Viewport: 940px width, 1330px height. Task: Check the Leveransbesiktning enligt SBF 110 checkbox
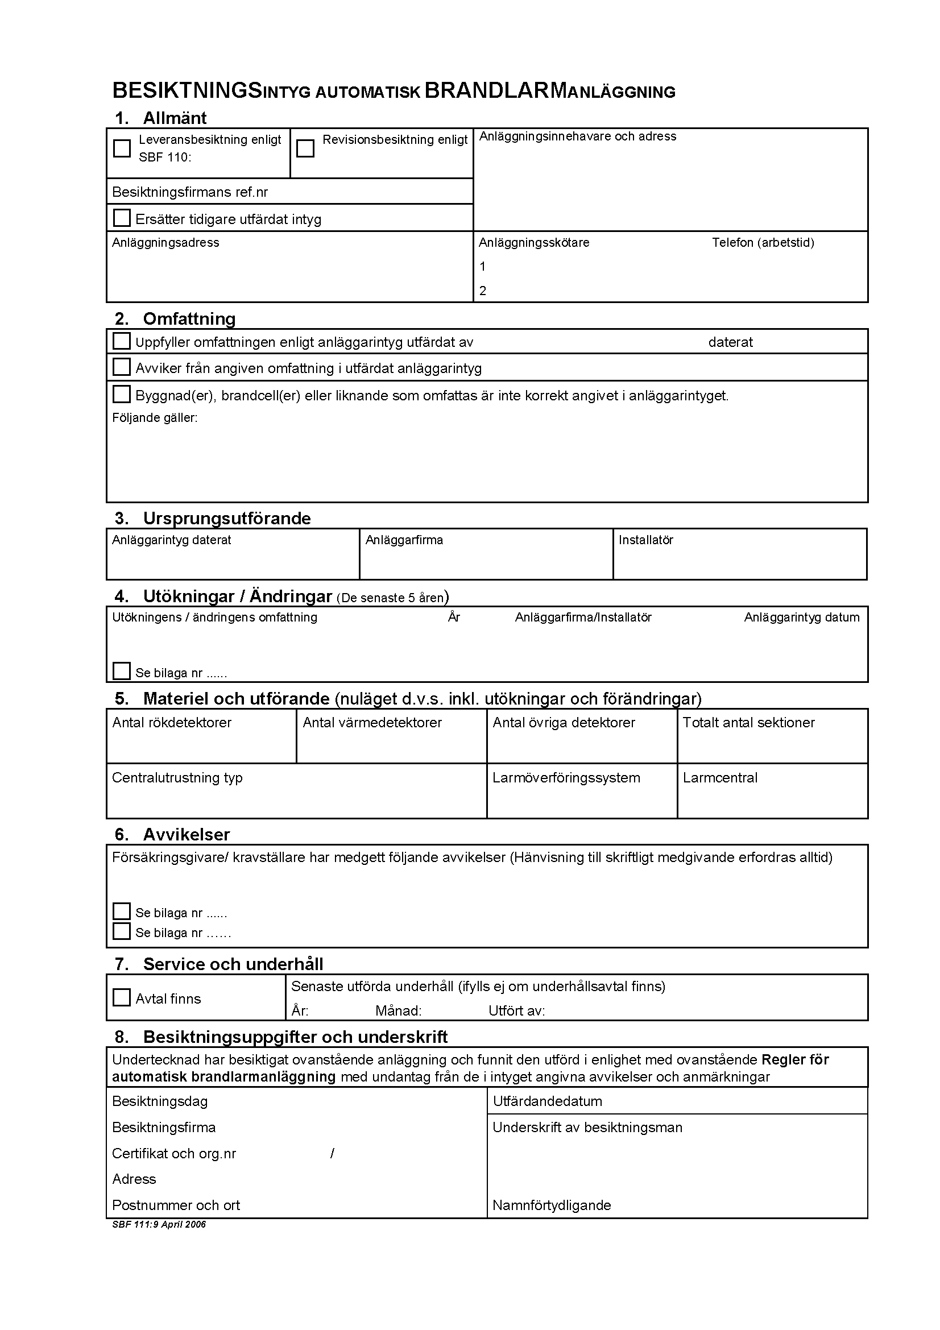click(x=122, y=148)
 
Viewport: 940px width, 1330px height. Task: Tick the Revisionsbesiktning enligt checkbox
click(x=305, y=148)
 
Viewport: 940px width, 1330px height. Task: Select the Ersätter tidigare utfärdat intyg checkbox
click(x=122, y=218)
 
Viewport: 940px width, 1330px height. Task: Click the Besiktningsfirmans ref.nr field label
click(x=190, y=192)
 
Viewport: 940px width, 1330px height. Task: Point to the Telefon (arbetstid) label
click(x=763, y=243)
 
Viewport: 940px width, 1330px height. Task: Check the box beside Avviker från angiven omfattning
click(x=122, y=367)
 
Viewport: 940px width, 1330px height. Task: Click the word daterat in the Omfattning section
click(x=730, y=342)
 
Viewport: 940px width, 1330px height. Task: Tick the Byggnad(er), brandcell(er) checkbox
click(x=122, y=395)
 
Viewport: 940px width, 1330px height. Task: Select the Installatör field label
click(x=646, y=540)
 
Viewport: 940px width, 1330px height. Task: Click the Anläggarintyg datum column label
click(x=802, y=618)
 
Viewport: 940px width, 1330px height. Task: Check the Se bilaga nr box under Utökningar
click(x=122, y=672)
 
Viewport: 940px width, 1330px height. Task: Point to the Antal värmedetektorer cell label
click(x=372, y=723)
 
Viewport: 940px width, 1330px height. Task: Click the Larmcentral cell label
click(x=720, y=778)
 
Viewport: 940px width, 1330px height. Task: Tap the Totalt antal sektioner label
click(x=748, y=723)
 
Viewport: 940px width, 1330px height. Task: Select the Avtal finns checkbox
click(x=122, y=997)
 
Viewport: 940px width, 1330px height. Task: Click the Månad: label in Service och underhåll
click(x=399, y=1011)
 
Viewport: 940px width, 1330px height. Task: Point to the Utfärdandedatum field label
click(x=547, y=1101)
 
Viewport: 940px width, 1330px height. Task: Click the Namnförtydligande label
click(x=552, y=1205)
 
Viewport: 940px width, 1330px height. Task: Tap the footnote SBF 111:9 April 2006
click(x=159, y=1224)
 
